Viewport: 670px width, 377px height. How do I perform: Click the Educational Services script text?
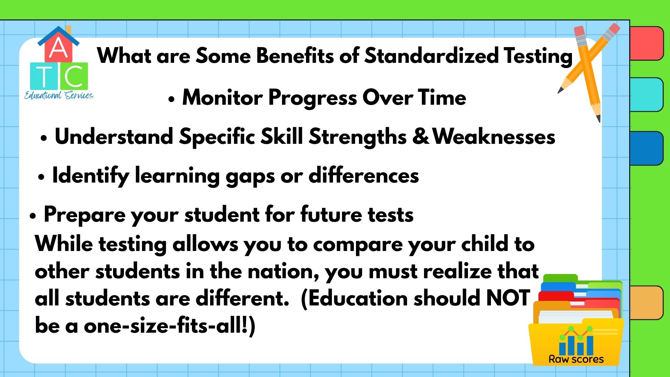pos(59,95)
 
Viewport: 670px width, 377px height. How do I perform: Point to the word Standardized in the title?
pos(431,56)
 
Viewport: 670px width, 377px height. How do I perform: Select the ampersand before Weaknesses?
pos(420,136)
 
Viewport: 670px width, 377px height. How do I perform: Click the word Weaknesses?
pos(494,136)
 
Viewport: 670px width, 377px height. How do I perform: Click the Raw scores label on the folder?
pos(576,359)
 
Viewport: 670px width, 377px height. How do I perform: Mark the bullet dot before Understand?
pos(44,138)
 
